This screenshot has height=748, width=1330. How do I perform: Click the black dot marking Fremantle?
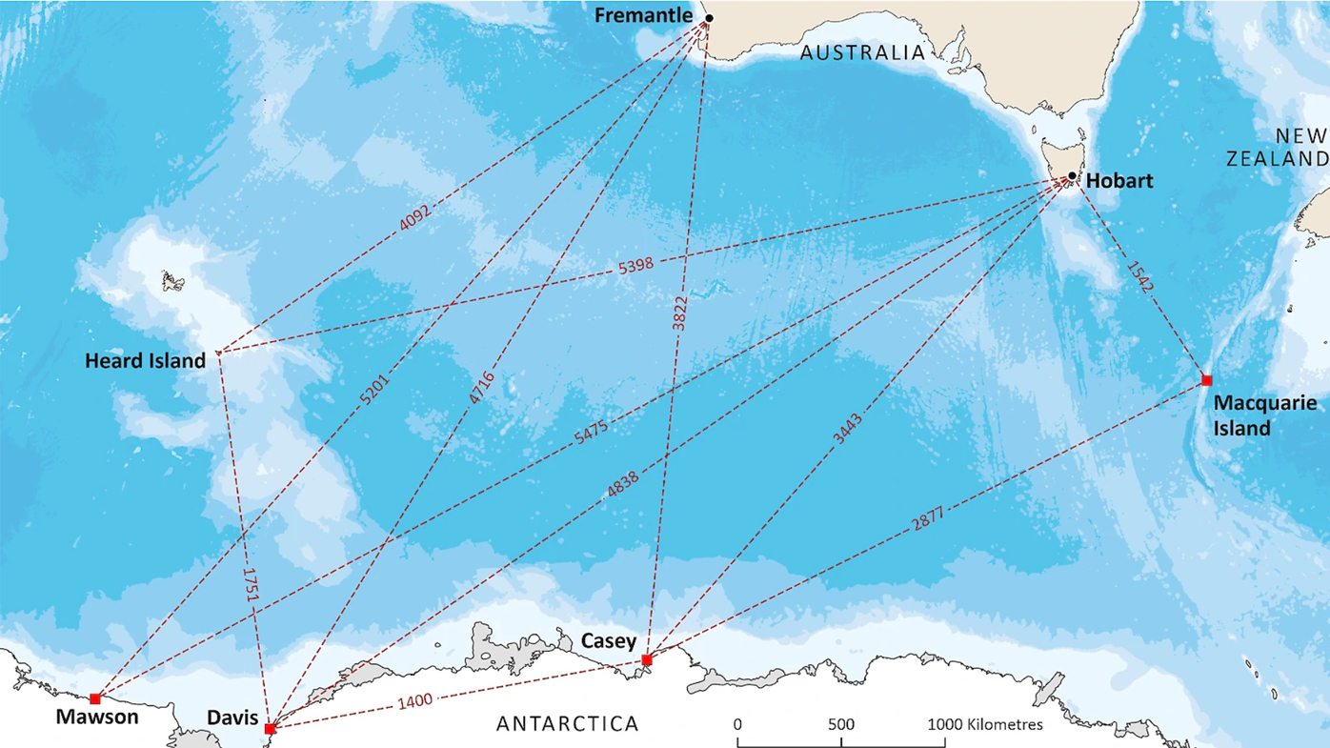[709, 18]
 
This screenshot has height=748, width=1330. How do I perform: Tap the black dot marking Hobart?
[1072, 176]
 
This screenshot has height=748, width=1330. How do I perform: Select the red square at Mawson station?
[95, 699]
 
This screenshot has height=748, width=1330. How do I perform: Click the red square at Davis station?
[270, 729]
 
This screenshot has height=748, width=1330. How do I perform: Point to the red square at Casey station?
[647, 660]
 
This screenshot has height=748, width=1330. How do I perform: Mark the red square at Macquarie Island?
[1206, 381]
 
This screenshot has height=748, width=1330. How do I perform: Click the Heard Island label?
[145, 361]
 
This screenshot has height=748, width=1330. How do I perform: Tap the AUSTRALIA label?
[862, 53]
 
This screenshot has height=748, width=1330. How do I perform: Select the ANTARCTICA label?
[568, 724]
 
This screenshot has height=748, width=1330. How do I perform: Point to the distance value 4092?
[415, 217]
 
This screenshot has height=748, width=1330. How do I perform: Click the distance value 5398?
[635, 265]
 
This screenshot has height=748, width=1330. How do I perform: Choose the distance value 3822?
[679, 313]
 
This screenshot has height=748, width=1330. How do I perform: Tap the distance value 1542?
[1140, 276]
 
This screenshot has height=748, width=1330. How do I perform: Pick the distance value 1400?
[414, 701]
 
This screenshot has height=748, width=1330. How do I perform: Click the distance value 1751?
[251, 585]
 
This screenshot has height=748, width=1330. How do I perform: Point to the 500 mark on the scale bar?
[840, 724]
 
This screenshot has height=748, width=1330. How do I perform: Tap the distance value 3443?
[847, 429]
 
